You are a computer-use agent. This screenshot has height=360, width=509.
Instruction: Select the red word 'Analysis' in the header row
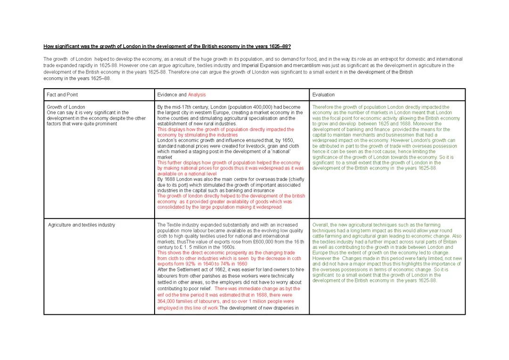pos(197,95)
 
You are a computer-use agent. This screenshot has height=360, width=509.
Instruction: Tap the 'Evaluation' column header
pos(323,95)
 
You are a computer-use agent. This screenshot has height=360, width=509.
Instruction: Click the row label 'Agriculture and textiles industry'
pos(81,225)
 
